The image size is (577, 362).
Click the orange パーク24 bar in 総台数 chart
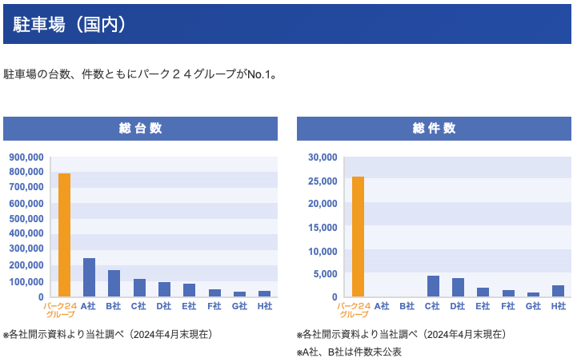coord(64,236)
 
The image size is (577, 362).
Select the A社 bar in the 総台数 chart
coord(89,277)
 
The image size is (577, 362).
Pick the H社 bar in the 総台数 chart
coord(264,293)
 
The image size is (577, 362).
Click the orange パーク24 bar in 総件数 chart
coord(358,237)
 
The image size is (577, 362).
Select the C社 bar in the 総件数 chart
coord(433,286)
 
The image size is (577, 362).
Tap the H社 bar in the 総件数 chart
coord(558,291)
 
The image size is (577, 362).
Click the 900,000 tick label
coord(26,157)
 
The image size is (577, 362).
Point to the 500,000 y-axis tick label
coord(26,219)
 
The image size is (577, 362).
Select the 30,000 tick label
coord(323,157)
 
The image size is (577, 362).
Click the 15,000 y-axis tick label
coord(323,228)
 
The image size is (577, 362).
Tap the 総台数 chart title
coord(140,129)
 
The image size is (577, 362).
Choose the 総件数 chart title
coord(435,129)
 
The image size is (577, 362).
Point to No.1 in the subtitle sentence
coord(260,74)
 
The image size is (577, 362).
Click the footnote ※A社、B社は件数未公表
coord(348,352)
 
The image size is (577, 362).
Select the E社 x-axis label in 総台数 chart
coord(189,306)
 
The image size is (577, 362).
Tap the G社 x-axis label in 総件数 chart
coord(533,306)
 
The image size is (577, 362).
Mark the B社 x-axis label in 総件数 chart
coord(407,306)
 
